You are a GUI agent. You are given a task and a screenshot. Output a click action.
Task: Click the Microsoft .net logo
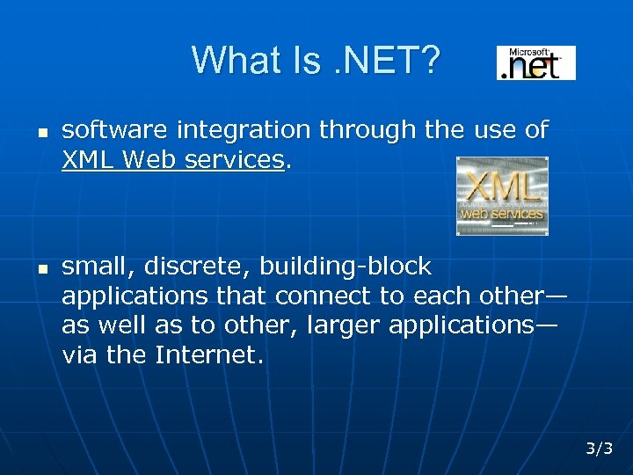click(x=536, y=62)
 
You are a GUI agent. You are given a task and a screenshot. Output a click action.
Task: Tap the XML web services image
click(x=502, y=195)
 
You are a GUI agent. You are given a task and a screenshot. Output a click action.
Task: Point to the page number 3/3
click(x=600, y=449)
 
